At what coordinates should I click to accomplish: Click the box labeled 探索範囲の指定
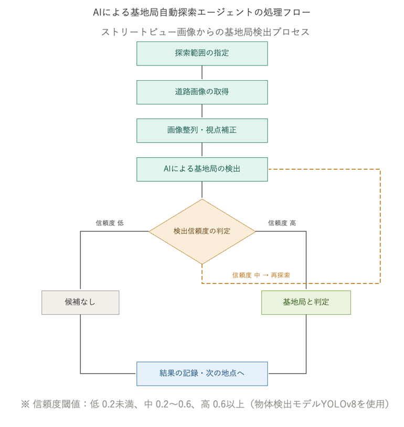click(202, 53)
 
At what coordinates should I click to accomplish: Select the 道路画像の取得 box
click(202, 92)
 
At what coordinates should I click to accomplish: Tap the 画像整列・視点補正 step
click(202, 130)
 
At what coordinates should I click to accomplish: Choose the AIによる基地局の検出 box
click(202, 169)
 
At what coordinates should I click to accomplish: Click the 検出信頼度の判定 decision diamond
click(202, 231)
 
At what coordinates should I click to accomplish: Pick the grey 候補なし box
click(80, 302)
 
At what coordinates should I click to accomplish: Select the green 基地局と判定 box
click(306, 302)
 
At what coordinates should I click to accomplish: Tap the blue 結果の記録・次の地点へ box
click(202, 374)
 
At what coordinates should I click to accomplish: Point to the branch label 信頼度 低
click(110, 223)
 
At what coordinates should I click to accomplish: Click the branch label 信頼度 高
click(282, 223)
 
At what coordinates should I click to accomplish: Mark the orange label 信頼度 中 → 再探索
click(261, 275)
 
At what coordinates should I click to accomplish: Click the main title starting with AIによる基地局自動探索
click(202, 12)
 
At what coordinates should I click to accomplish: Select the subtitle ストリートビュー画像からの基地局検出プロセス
click(205, 32)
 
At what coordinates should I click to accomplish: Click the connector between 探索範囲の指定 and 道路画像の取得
click(202, 73)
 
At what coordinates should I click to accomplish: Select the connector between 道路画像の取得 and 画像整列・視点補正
click(202, 111)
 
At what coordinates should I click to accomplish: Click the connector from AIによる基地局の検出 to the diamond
click(202, 190)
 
